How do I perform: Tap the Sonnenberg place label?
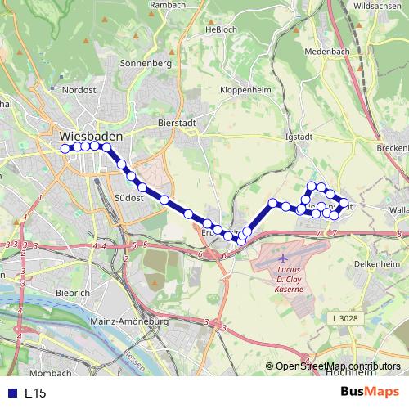144,63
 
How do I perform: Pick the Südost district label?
129,197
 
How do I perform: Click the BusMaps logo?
370,393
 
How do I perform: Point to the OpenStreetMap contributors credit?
338,366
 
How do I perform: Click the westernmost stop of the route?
65,148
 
